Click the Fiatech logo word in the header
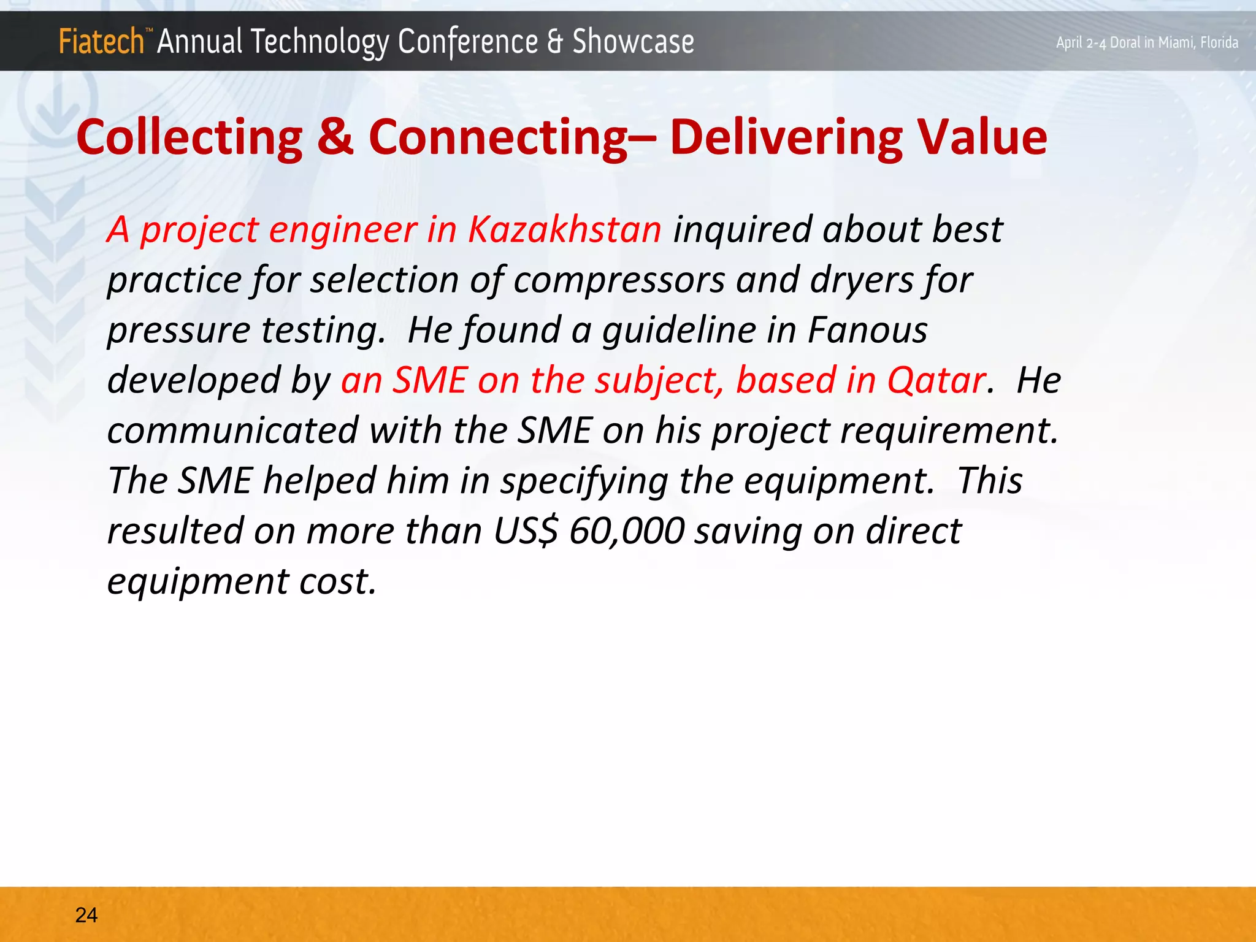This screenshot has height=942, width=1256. click(101, 42)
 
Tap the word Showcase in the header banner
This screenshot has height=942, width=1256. click(633, 42)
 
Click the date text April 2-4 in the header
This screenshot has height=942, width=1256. click(1082, 43)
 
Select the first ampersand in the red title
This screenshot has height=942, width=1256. click(335, 137)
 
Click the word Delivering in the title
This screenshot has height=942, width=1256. click(786, 137)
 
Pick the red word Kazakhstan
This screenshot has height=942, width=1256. click(564, 230)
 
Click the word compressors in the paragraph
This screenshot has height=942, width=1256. click(619, 280)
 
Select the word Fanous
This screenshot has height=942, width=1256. click(867, 330)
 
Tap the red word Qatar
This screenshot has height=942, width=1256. click(936, 380)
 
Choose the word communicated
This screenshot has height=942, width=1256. click(232, 431)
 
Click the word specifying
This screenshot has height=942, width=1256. click(584, 481)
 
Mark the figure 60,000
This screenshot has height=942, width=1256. click(626, 531)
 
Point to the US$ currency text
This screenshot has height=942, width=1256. click(526, 531)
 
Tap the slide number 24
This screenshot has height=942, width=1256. click(86, 915)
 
